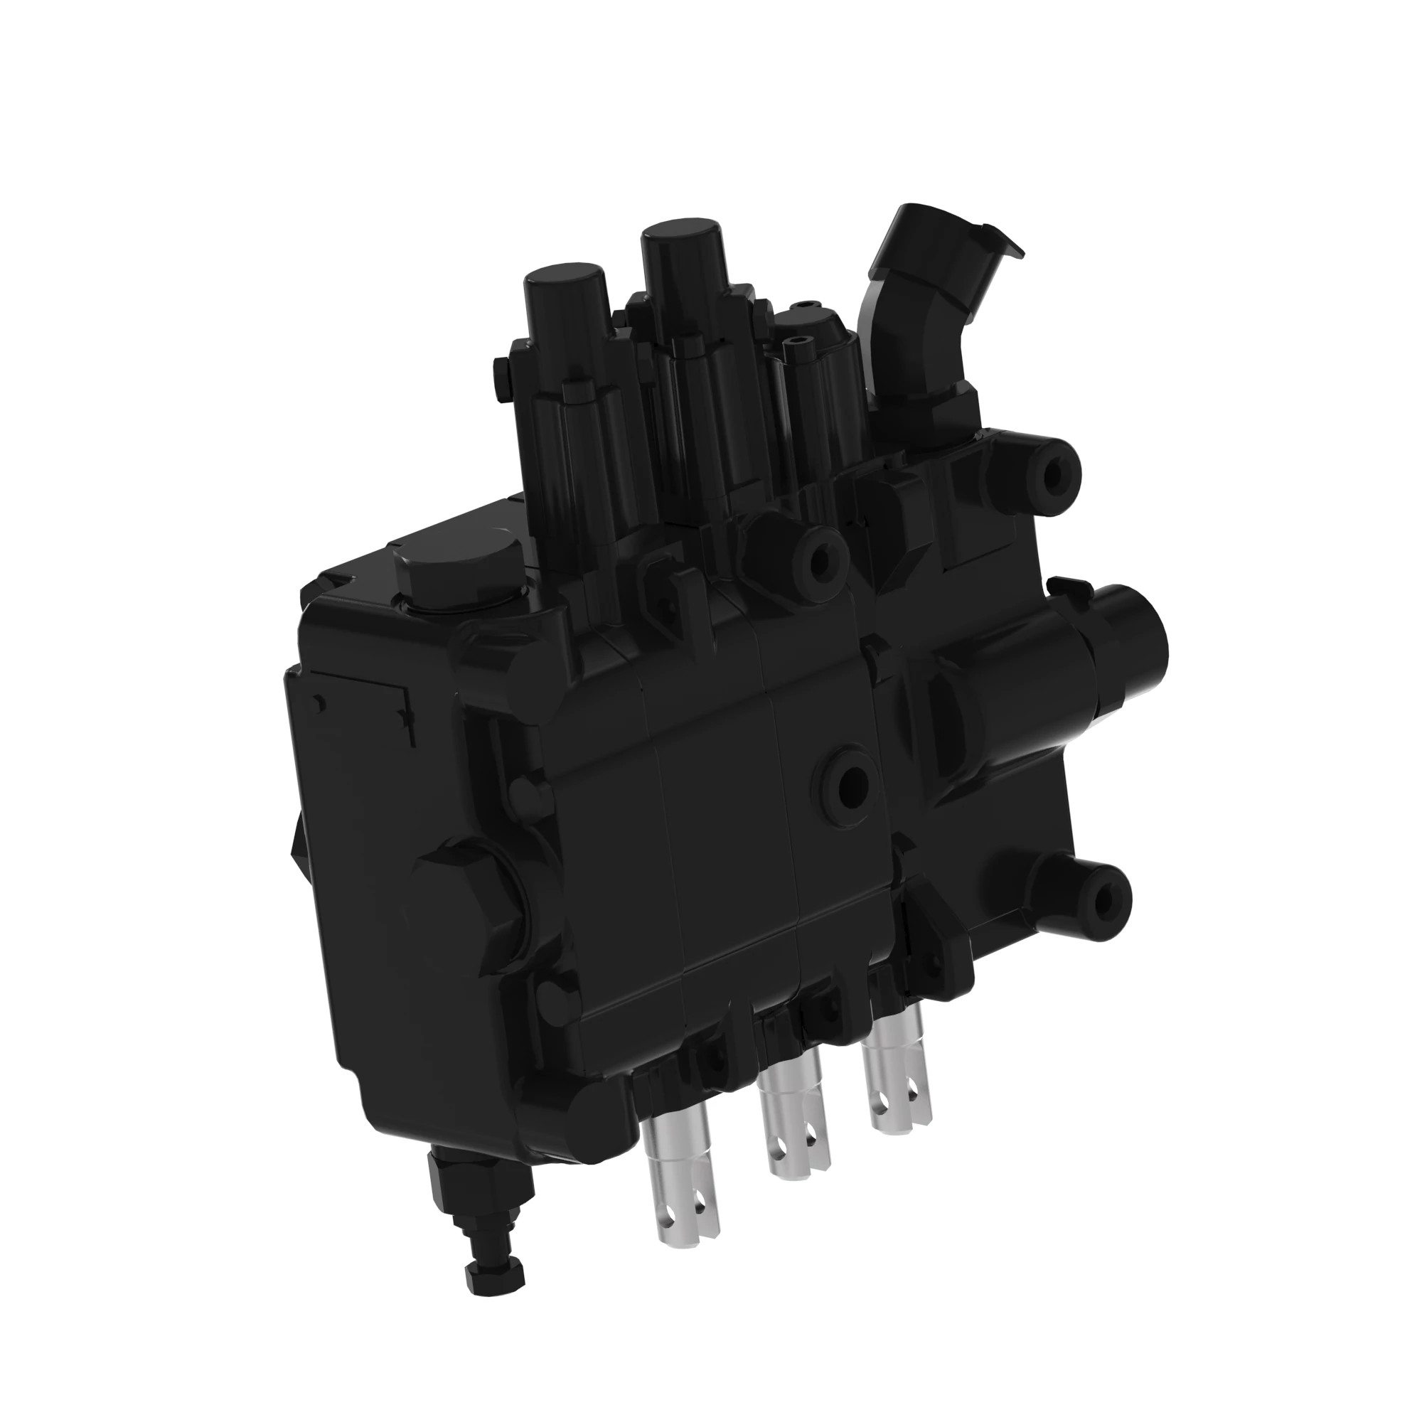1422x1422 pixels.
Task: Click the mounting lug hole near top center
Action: [x=818, y=559]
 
